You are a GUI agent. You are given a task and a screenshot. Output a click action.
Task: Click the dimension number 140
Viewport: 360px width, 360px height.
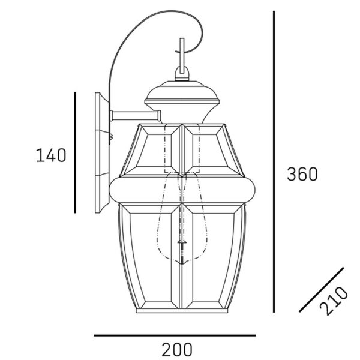coord(51,155)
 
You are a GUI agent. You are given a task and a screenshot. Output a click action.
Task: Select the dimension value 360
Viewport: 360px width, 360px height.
coord(302,174)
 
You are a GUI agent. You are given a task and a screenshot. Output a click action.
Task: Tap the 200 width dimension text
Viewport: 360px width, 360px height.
coord(177,349)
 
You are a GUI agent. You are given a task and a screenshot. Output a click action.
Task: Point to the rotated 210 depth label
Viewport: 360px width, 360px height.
coord(334,301)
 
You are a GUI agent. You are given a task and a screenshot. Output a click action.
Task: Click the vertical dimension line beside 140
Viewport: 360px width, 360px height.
coord(75,152)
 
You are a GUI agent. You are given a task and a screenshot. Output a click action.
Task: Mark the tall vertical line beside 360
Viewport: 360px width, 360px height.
coord(274,161)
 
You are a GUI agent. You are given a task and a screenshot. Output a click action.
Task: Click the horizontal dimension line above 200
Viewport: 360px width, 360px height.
coord(175,335)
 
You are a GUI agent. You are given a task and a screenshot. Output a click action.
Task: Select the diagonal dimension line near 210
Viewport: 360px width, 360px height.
coord(322,290)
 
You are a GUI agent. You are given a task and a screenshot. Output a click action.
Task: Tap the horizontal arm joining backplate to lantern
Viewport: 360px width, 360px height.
coord(136,116)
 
